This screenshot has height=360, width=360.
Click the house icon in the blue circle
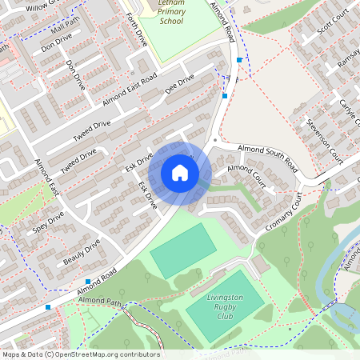coord(180,173)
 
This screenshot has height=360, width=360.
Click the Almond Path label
coord(99,305)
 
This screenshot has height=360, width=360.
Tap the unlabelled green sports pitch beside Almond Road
coord(183,251)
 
